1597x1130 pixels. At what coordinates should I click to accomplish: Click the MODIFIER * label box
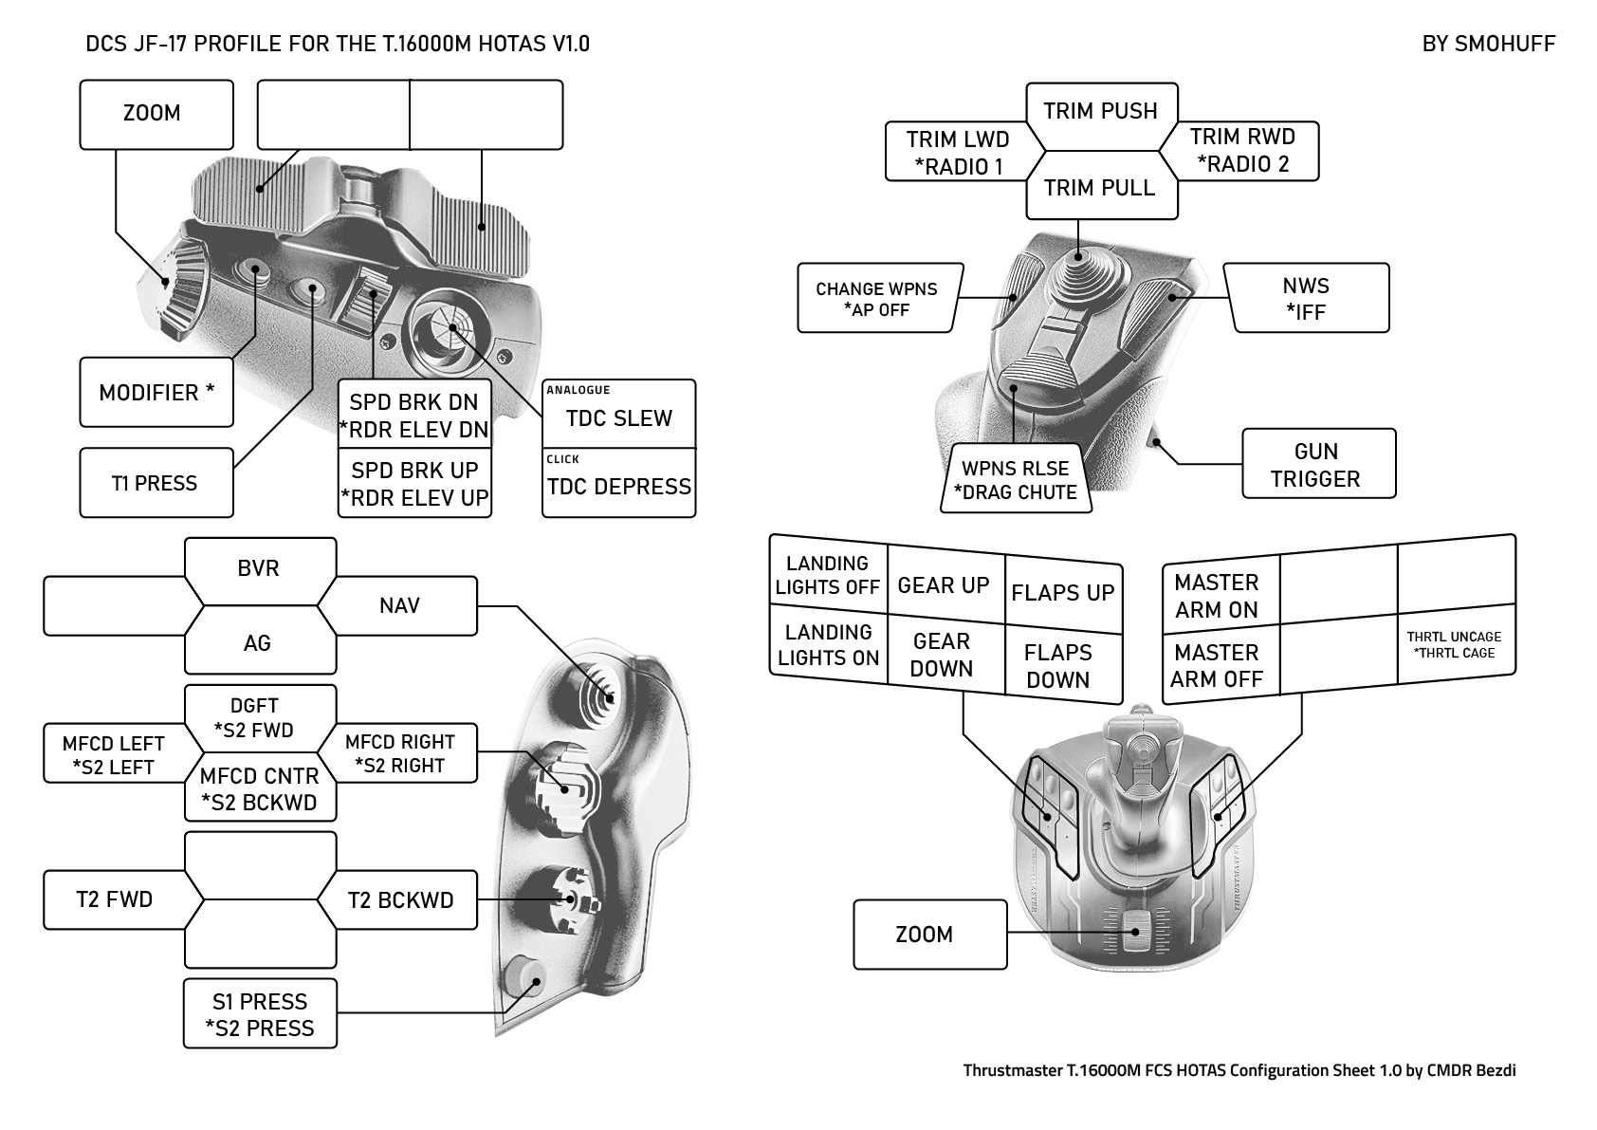(x=156, y=392)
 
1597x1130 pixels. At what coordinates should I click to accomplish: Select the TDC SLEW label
(x=618, y=417)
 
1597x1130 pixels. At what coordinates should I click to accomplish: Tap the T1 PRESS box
(x=156, y=483)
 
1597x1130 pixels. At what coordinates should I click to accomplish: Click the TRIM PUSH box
(x=1100, y=111)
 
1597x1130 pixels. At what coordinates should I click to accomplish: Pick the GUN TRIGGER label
(x=1318, y=464)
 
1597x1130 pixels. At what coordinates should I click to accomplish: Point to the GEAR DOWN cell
(x=942, y=655)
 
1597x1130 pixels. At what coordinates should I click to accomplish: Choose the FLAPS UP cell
(x=1062, y=593)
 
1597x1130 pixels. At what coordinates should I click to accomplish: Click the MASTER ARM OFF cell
(x=1217, y=665)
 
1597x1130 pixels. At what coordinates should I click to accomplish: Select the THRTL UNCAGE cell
(x=1455, y=645)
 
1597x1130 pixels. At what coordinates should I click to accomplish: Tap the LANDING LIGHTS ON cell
(x=828, y=645)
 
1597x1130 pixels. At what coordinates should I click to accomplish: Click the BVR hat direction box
(x=259, y=568)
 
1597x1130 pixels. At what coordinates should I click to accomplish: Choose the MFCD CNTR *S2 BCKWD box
(x=259, y=788)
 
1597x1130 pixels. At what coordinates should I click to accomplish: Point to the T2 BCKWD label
(x=400, y=899)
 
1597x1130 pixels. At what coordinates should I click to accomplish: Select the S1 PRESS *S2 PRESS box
(x=260, y=1014)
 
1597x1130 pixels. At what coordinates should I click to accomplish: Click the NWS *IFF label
(x=1306, y=298)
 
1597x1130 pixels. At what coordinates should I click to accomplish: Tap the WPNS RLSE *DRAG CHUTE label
(x=1015, y=480)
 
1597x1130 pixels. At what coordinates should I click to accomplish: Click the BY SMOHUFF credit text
(x=1488, y=44)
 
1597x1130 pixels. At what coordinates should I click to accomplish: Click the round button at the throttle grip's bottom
(x=523, y=978)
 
